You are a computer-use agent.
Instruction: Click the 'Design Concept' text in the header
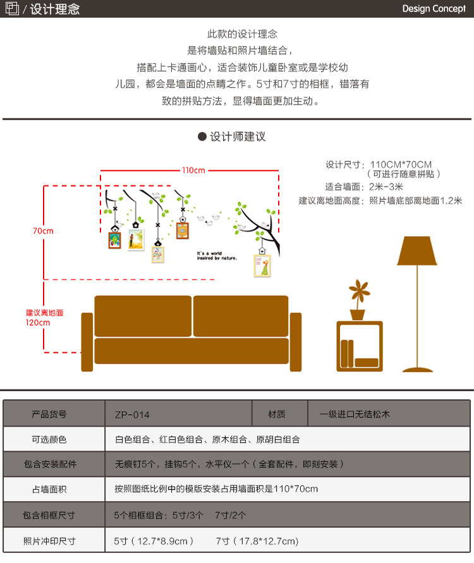[x=434, y=9]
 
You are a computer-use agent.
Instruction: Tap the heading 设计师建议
[x=237, y=137]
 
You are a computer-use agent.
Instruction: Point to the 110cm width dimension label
[x=193, y=170]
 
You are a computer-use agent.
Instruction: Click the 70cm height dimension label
[x=43, y=231]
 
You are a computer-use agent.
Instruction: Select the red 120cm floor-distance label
[x=44, y=318]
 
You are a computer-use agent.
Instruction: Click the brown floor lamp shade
[x=417, y=251]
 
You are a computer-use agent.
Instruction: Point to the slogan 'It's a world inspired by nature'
[x=217, y=256]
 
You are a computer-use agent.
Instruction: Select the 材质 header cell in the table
[x=277, y=414]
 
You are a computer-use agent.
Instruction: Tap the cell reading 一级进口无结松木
[x=355, y=414]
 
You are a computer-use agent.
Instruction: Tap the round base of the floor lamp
[x=418, y=369]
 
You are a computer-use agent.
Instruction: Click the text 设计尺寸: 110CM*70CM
[x=379, y=164]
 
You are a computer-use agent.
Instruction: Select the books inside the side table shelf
[x=346, y=352]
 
